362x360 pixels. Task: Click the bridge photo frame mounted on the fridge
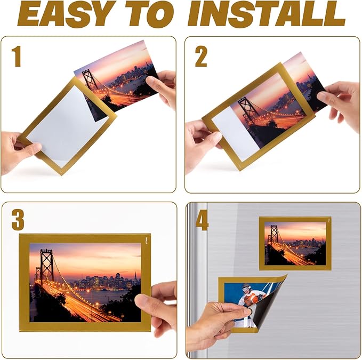coord(295,243)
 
